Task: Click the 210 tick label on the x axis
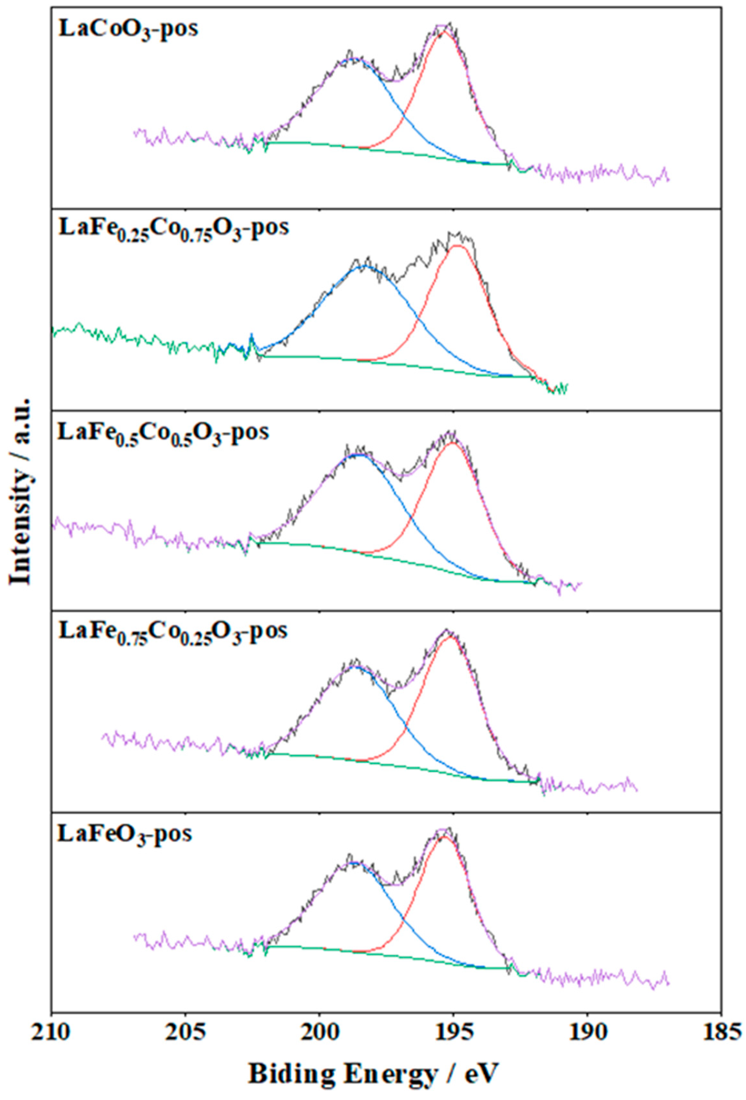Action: [51, 1029]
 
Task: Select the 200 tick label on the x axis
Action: [319, 1029]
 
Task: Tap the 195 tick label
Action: [453, 1029]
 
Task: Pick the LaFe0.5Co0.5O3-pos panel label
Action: [163, 432]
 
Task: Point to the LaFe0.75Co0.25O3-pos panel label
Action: [173, 631]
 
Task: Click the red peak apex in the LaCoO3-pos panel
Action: [443, 31]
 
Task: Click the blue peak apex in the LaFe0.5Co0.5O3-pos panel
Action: [361, 455]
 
